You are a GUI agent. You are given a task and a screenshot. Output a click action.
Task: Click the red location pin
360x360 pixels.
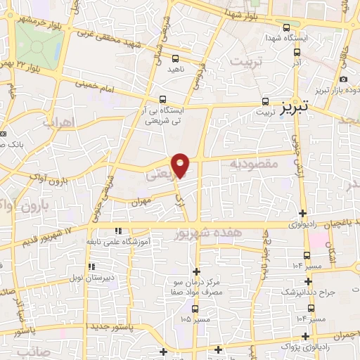181,165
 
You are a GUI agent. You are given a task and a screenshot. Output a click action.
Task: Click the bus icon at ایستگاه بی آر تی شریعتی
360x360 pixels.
163,99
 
